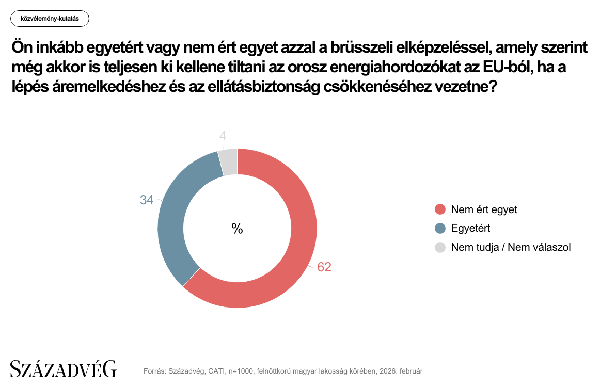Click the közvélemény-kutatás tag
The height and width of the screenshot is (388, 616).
[x=50, y=19]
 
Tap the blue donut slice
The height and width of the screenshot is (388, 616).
[x=173, y=222]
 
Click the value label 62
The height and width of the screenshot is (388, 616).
[x=324, y=267]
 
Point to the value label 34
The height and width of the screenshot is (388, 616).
[x=147, y=200]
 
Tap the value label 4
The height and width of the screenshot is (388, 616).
[x=223, y=136]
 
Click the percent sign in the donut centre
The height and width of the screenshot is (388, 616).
[x=237, y=229]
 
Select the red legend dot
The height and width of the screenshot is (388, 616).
[x=440, y=209]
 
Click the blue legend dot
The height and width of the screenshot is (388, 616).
[x=440, y=228]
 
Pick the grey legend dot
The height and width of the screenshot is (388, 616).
[x=440, y=247]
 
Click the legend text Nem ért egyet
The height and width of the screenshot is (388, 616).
[x=484, y=209]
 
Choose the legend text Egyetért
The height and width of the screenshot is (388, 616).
[x=470, y=228]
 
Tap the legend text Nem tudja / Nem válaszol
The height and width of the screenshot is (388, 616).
[x=511, y=247]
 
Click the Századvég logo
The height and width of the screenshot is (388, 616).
[x=64, y=369]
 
